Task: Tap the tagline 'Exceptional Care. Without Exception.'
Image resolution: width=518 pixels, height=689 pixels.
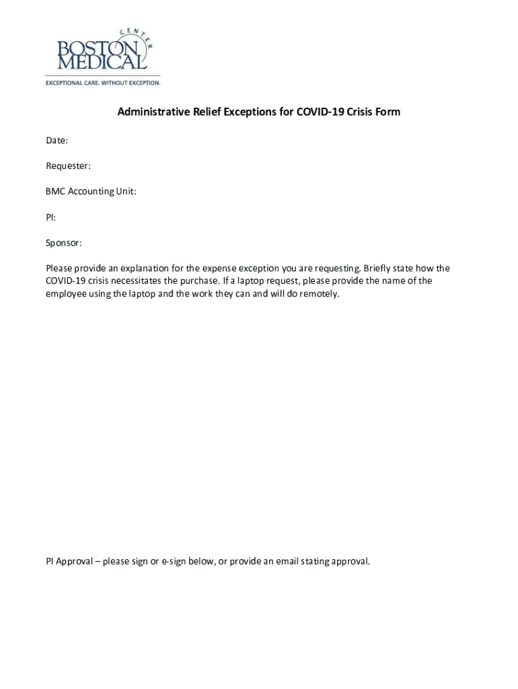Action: (103, 83)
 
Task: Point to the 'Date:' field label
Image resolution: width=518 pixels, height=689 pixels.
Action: (57, 141)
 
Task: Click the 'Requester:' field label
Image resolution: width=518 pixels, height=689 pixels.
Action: (68, 166)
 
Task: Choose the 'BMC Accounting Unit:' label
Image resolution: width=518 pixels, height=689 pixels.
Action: (91, 191)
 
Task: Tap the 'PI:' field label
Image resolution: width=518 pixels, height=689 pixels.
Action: (50, 217)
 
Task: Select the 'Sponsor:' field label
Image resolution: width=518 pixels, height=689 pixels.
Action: (64, 242)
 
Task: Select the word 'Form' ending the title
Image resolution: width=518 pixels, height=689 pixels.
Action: (388, 112)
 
